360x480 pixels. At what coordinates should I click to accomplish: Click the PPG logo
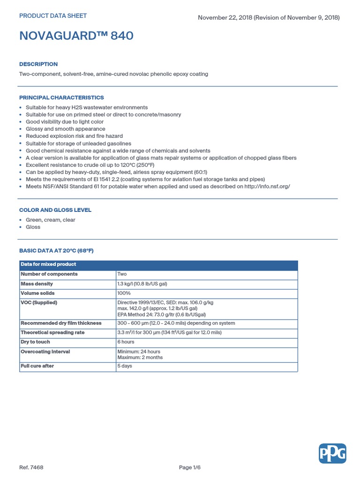point(332,453)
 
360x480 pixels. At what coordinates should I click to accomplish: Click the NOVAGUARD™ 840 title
point(76,36)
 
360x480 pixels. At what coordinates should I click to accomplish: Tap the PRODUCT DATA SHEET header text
point(53,16)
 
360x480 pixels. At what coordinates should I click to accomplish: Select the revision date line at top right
point(269,18)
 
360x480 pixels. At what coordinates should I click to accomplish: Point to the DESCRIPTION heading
point(38,64)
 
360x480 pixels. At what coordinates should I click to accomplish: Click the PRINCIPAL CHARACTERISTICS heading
point(61,97)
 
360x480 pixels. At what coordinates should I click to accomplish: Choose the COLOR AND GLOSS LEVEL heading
point(55,210)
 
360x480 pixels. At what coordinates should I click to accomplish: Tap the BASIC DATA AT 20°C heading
point(56,250)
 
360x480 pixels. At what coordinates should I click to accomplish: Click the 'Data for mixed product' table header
point(48,264)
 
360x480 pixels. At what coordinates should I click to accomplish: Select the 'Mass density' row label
point(37,284)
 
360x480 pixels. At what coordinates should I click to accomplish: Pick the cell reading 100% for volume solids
point(124,293)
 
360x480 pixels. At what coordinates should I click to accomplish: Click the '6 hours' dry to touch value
point(126,342)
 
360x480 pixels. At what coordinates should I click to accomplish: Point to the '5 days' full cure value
point(125,366)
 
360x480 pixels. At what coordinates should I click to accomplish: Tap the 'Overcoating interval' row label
point(45,351)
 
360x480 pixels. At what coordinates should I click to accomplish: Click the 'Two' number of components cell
point(122,274)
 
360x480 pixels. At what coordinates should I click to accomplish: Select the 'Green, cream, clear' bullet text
point(51,220)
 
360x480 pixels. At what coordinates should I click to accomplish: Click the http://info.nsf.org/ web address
point(264,186)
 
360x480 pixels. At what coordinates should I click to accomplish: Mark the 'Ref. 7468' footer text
point(31,467)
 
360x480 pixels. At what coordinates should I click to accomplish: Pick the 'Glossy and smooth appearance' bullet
point(66,129)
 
